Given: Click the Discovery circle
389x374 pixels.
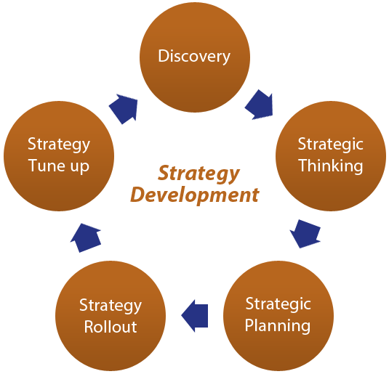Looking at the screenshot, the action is pyautogui.click(x=195, y=57).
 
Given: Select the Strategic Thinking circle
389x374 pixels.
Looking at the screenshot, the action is pyautogui.click(x=331, y=156).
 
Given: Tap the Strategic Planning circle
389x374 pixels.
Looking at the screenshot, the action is pyautogui.click(x=278, y=316).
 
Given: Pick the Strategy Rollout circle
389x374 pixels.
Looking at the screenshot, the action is pyautogui.click(x=111, y=316).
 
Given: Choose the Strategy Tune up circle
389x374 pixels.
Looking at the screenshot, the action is pyautogui.click(x=59, y=156).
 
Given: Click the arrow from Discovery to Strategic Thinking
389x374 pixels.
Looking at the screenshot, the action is pyautogui.click(x=260, y=105).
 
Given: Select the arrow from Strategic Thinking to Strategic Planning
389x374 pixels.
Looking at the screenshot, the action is pyautogui.click(x=305, y=234).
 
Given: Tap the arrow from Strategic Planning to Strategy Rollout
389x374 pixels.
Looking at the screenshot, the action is pyautogui.click(x=195, y=316).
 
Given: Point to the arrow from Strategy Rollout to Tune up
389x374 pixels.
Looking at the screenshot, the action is pyautogui.click(x=86, y=237).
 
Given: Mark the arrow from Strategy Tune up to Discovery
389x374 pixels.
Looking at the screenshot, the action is pyautogui.click(x=124, y=108).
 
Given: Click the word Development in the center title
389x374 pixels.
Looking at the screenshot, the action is pyautogui.click(x=195, y=195).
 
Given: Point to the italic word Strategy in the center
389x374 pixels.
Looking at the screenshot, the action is pyautogui.click(x=198, y=174).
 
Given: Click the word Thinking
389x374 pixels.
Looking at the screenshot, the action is pyautogui.click(x=331, y=166).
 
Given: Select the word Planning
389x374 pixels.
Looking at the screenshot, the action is pyautogui.click(x=278, y=326).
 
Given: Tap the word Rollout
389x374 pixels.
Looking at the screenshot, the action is pyautogui.click(x=111, y=327).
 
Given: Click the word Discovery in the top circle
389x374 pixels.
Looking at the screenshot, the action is pyautogui.click(x=194, y=57).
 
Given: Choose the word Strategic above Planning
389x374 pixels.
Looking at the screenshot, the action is pyautogui.click(x=278, y=304).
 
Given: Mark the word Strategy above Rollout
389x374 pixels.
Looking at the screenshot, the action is pyautogui.click(x=111, y=306).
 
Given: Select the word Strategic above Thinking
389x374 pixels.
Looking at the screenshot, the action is pyautogui.click(x=330, y=145).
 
